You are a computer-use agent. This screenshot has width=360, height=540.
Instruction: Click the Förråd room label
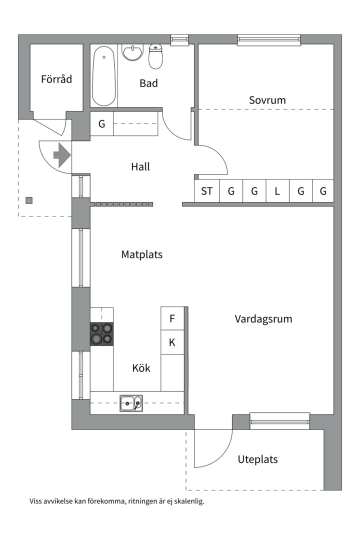[56, 79]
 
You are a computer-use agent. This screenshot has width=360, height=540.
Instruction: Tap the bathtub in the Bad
[104, 76]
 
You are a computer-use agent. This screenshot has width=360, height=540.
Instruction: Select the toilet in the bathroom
[156, 57]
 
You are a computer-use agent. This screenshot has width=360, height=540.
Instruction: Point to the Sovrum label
[267, 100]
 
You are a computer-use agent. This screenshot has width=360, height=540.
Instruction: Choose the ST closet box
[206, 191]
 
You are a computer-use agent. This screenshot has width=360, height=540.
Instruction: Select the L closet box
[277, 191]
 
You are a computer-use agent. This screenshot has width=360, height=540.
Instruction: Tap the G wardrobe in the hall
[101, 123]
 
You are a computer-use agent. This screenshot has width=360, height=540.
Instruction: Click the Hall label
[140, 167]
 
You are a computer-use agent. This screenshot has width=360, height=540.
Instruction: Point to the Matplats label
[141, 254]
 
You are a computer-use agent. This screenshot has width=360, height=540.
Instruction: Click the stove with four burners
[101, 333]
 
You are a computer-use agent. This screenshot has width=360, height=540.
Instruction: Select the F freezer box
[172, 318]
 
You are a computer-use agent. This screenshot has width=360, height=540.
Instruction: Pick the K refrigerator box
[172, 342]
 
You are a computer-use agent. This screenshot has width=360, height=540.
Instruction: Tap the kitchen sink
[131, 403]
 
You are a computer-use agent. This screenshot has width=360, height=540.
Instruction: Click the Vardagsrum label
[263, 319]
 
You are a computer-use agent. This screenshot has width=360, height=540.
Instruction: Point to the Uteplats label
[257, 459]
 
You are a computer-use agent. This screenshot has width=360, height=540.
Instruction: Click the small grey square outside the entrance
[29, 200]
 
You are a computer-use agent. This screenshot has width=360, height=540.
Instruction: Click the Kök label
[141, 368]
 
